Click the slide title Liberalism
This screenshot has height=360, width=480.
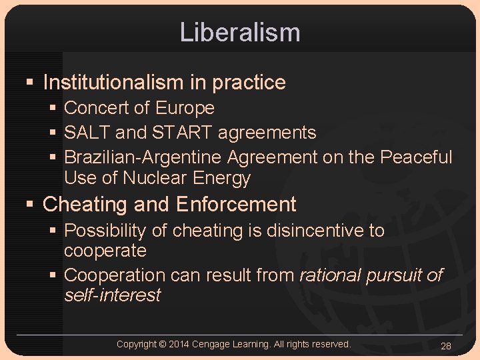tap(240, 32)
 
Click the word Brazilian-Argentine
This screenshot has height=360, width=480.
tap(143, 157)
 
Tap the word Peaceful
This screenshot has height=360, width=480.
tap(416, 157)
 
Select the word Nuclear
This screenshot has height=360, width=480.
tap(155, 178)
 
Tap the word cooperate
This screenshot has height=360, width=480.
tap(105, 251)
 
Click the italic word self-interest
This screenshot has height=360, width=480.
tap(112, 295)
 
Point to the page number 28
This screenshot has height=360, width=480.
tap(446, 346)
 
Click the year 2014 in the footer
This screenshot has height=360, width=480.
tap(179, 344)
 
